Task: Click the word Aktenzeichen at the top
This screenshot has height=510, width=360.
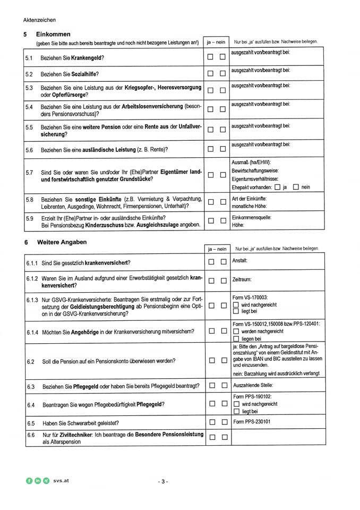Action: tap(39, 20)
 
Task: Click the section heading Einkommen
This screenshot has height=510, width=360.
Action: tap(53, 34)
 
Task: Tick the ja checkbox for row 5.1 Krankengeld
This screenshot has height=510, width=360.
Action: tap(210, 57)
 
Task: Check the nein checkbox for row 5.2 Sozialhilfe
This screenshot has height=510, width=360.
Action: tap(222, 74)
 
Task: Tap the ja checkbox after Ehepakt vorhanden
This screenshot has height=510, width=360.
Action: tap(277, 187)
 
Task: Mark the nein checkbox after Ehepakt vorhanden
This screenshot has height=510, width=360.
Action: tap(296, 187)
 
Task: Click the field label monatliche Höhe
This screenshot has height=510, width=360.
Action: tap(249, 206)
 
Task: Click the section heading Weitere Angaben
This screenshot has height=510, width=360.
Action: tap(62, 242)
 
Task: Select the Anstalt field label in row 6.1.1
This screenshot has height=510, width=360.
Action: tap(240, 261)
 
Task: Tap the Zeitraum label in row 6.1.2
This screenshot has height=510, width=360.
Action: tap(242, 279)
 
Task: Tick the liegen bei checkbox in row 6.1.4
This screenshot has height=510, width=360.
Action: tap(236, 338)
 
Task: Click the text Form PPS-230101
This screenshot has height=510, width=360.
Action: tap(251, 422)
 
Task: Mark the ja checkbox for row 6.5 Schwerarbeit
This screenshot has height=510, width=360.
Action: tap(211, 423)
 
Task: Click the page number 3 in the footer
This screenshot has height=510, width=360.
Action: tap(163, 481)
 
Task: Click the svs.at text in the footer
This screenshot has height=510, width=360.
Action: tap(62, 480)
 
